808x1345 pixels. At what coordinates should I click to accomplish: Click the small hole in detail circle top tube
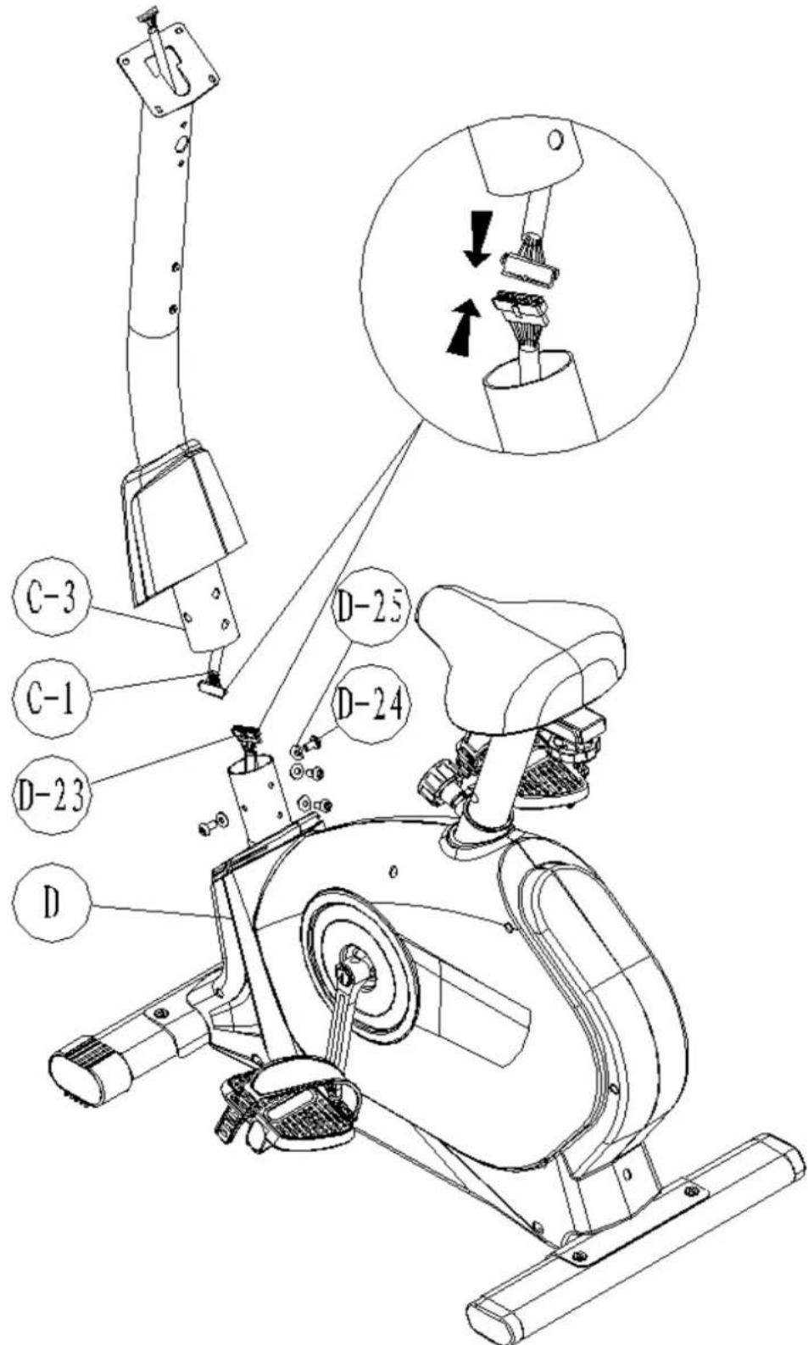click(555, 138)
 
